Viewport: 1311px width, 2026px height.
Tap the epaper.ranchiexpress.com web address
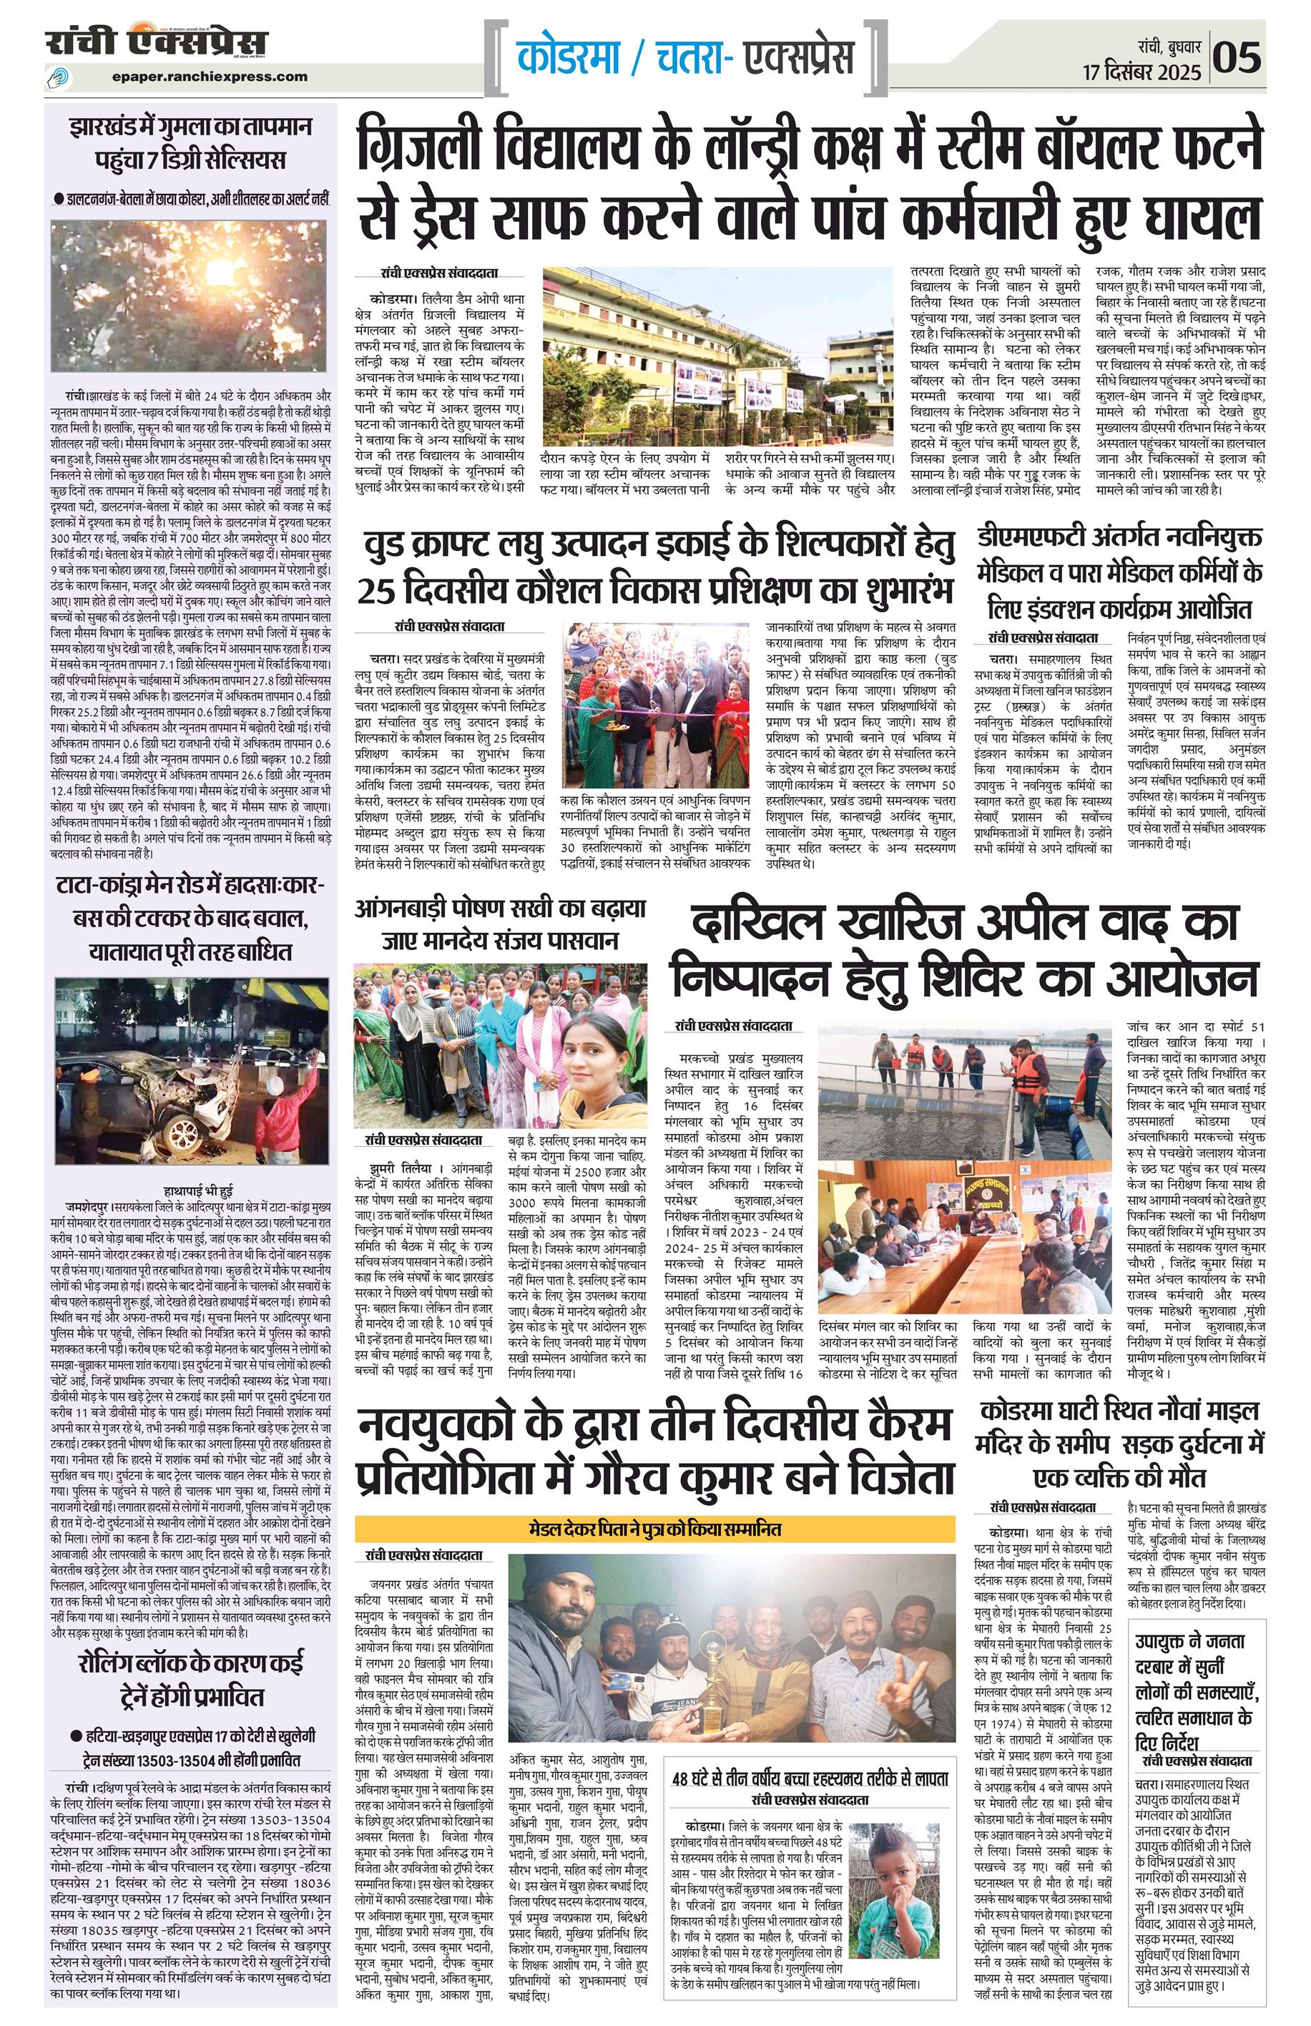click(x=210, y=76)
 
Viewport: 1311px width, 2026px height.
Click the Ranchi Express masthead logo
click(x=157, y=42)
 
